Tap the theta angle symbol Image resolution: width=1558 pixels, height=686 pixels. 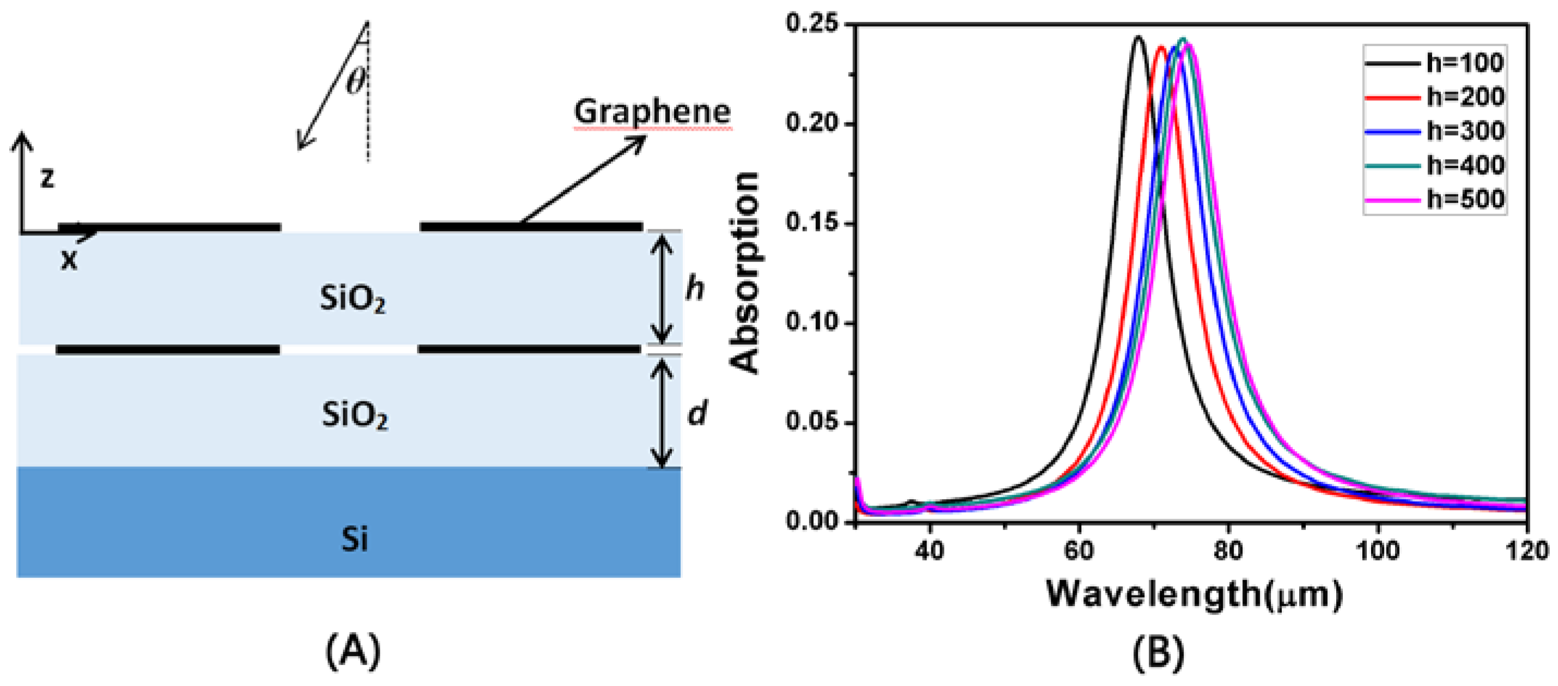(x=356, y=81)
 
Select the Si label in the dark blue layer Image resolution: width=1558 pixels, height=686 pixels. (x=354, y=538)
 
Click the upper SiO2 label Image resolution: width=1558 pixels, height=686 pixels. (x=352, y=299)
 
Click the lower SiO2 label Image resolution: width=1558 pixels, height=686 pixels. (x=354, y=416)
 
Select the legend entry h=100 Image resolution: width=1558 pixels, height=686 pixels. (x=1464, y=62)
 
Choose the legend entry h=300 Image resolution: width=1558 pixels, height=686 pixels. (x=1464, y=131)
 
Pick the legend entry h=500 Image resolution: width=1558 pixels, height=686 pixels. (x=1464, y=199)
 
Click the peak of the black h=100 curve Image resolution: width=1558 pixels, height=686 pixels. (x=1138, y=38)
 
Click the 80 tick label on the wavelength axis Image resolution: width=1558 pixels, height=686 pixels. (x=1228, y=550)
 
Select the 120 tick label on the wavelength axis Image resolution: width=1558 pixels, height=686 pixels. (x=1526, y=550)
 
